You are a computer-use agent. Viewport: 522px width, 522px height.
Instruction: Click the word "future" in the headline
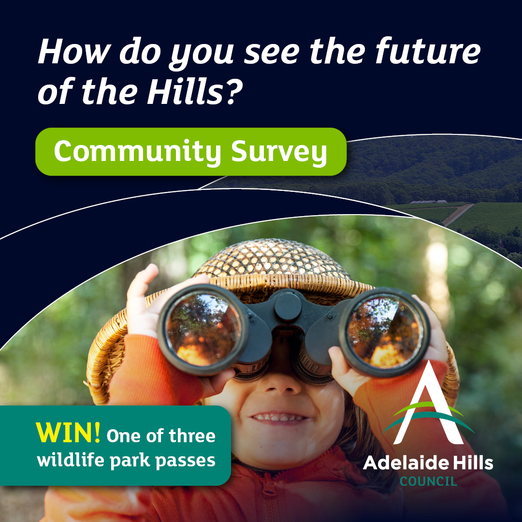coord(428,51)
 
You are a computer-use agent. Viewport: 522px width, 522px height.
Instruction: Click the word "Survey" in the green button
coord(279,152)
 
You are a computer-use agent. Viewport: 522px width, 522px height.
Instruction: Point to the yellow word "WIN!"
coord(68,432)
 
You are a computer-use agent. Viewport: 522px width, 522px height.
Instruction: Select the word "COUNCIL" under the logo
coord(428,481)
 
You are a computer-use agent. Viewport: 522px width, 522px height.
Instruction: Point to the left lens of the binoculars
coord(203,329)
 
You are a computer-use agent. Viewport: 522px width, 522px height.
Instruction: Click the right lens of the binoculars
coord(385,332)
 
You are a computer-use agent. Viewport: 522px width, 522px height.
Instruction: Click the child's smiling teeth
coord(278,417)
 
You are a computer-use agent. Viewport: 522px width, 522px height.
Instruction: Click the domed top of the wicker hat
coord(272,259)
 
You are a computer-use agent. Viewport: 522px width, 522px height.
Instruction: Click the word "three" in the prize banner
coord(192,436)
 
